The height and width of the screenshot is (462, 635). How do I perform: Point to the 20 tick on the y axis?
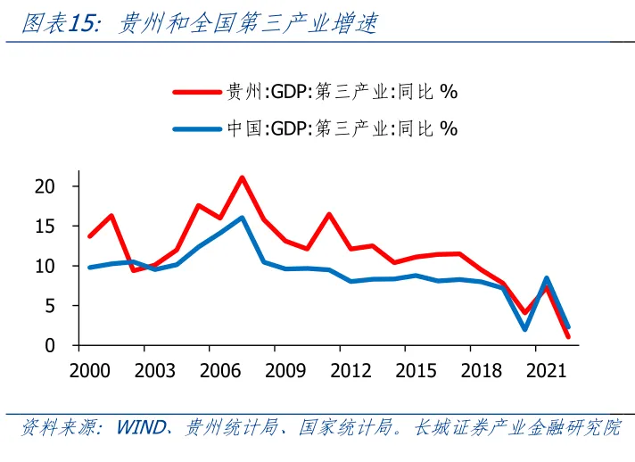pyautogui.click(x=54, y=186)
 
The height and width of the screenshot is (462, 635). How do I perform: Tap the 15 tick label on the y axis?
pyautogui.click(x=54, y=227)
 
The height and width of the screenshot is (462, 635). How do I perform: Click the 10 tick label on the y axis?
pyautogui.click(x=54, y=266)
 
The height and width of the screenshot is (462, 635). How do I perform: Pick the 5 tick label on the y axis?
pyautogui.click(x=59, y=306)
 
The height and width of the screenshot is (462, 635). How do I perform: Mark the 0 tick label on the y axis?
pyautogui.click(x=59, y=346)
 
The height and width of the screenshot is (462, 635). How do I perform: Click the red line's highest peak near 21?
pyautogui.click(x=242, y=177)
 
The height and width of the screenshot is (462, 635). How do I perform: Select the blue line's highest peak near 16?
pyautogui.click(x=242, y=218)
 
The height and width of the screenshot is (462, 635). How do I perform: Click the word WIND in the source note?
pyautogui.click(x=141, y=428)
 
